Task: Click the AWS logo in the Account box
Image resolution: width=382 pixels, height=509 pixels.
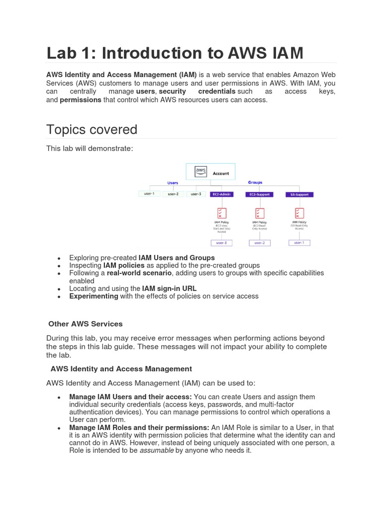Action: click(200, 172)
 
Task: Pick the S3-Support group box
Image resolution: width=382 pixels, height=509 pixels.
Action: click(299, 194)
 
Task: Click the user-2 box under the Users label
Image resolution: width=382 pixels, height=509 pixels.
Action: click(173, 194)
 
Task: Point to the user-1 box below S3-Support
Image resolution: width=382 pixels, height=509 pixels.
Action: click(299, 243)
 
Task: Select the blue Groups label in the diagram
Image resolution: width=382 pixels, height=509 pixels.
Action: click(255, 182)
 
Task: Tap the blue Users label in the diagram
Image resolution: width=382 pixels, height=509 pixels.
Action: click(173, 183)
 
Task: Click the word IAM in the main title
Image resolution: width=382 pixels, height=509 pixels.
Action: click(284, 53)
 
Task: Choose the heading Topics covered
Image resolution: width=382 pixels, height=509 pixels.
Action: click(92, 130)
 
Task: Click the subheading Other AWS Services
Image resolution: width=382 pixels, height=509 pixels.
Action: click(85, 324)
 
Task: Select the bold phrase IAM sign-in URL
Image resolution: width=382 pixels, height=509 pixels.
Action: click(169, 288)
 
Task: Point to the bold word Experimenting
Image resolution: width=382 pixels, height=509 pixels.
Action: click(94, 296)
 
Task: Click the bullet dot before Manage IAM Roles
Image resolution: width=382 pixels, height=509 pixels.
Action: click(59, 428)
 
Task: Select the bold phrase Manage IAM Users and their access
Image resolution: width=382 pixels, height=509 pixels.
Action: click(130, 397)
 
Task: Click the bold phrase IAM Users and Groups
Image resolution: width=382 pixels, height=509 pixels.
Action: click(177, 257)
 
